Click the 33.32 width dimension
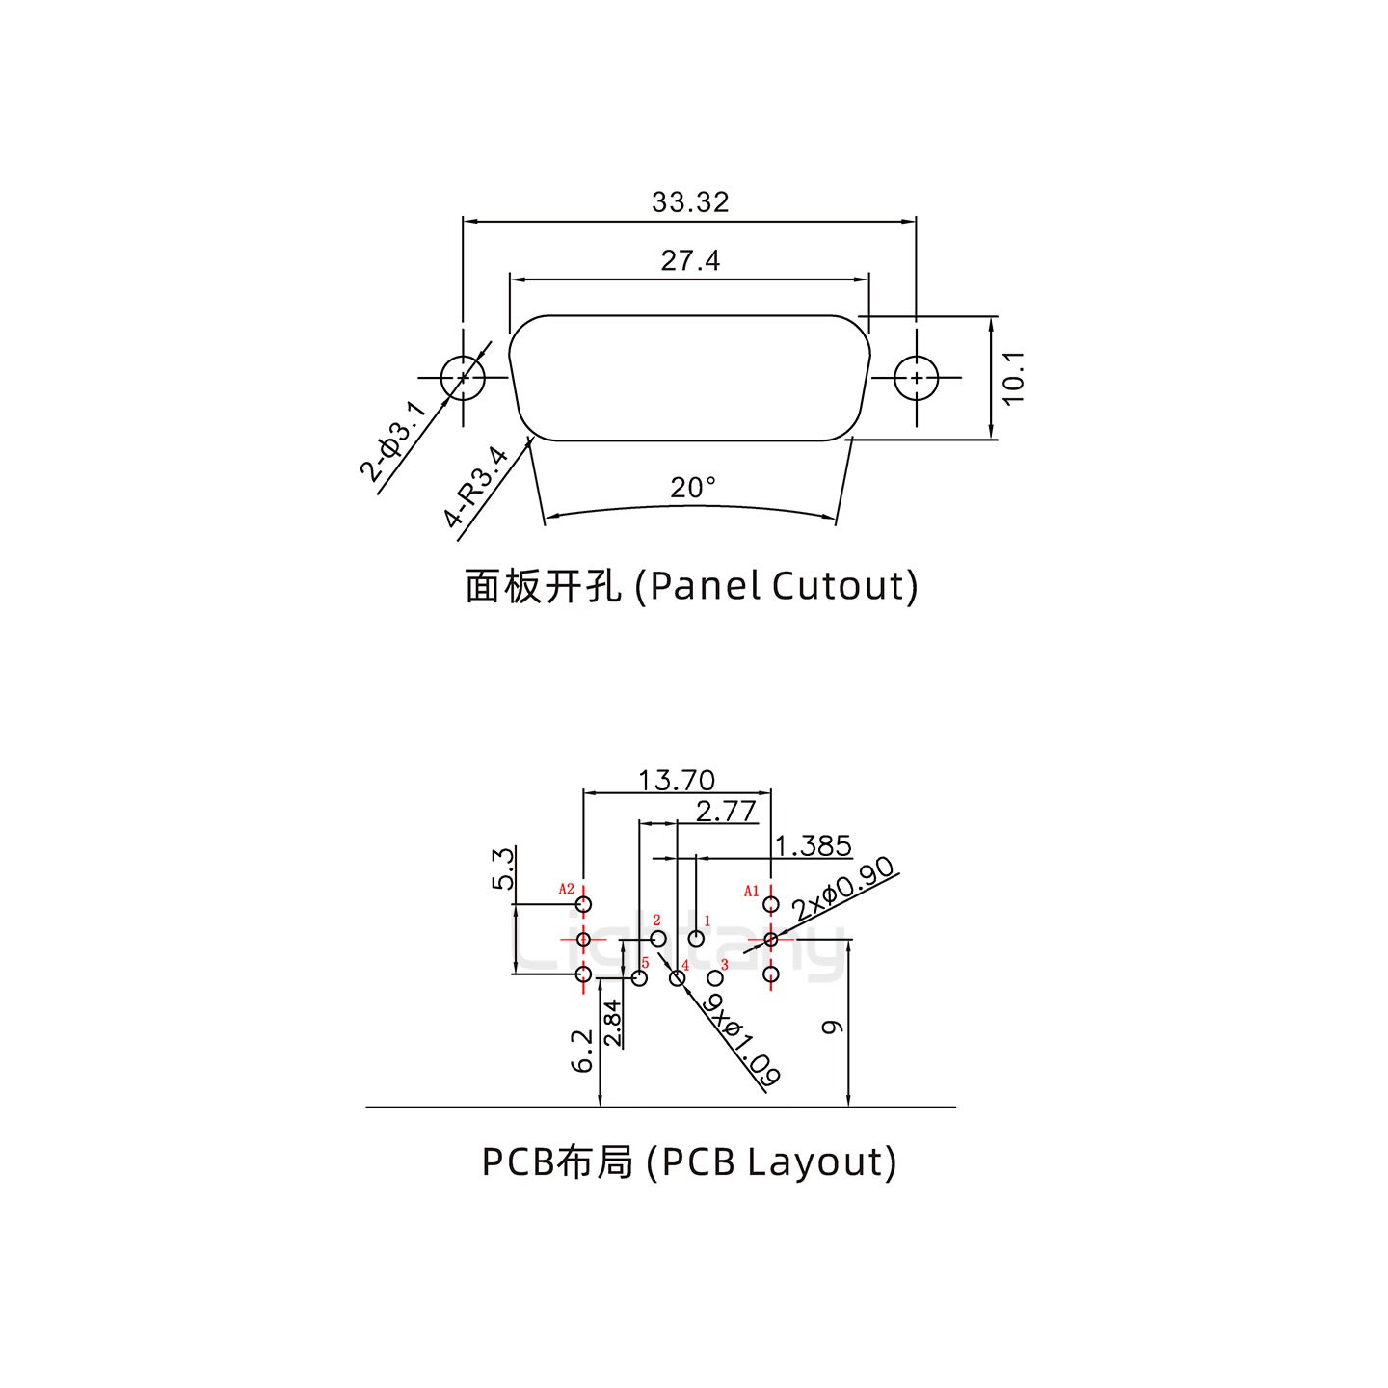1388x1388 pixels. [690, 202]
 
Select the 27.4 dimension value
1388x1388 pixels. [690, 260]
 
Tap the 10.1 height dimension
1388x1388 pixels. [1013, 378]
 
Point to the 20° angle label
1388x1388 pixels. [693, 489]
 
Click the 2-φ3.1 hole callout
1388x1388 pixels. [392, 441]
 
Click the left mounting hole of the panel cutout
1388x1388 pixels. [462, 378]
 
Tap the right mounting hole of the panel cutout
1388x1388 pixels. [916, 378]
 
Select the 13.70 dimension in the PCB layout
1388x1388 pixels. [677, 780]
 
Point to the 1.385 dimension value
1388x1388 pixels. [814, 846]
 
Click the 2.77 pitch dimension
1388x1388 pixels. [726, 812]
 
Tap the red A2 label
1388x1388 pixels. [567, 889]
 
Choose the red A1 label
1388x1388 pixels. [752, 891]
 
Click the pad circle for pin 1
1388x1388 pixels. [697, 938]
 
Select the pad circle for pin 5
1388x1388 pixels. [639, 977]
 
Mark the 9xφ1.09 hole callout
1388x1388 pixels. [741, 1042]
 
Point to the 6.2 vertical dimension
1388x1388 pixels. [583, 1051]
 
